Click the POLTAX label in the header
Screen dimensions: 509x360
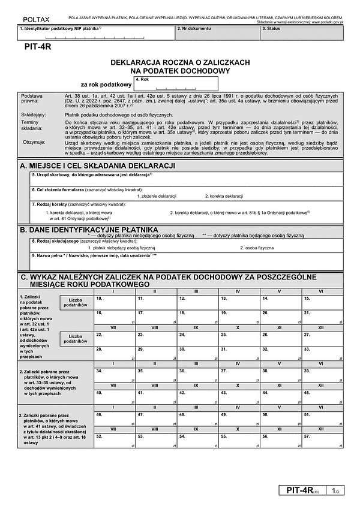pyautogui.click(x=34, y=20)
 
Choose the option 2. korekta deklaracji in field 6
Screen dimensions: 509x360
pyautogui.click(x=224, y=196)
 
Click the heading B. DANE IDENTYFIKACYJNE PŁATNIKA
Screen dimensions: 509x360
pyautogui.click(x=89, y=229)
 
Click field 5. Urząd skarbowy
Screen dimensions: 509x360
pyautogui.click(x=186, y=179)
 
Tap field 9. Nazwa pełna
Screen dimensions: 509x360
pyautogui.click(x=186, y=261)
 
